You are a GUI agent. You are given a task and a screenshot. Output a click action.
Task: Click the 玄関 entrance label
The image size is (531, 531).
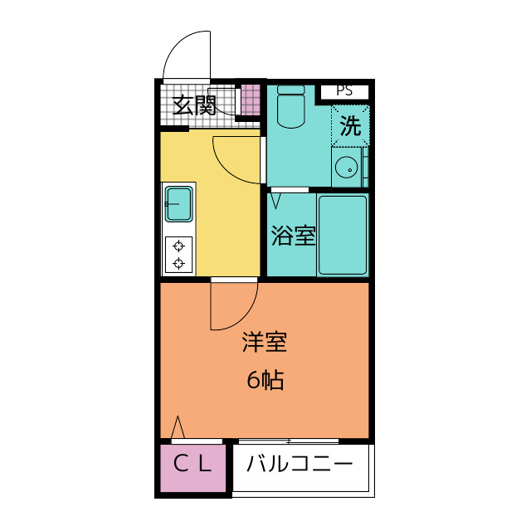[195, 105]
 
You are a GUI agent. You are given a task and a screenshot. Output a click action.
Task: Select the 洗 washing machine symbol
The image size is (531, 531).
[350, 126]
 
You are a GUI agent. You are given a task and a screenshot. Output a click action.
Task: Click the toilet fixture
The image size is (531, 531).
[290, 109]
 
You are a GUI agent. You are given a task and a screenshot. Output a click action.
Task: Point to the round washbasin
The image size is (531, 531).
[347, 170]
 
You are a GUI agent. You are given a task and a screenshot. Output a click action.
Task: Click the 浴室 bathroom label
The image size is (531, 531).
[293, 236]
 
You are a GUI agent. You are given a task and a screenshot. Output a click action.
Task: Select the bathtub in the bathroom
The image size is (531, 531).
[342, 234]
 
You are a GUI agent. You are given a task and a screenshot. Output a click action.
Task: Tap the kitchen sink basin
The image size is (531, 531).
[179, 203]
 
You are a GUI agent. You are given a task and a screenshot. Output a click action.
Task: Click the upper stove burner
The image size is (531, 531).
[178, 246]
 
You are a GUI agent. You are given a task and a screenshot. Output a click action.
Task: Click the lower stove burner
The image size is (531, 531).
[178, 264]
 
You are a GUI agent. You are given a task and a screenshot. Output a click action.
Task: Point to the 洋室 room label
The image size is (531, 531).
[265, 342]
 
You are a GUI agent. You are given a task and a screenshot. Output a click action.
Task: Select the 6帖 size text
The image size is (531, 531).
[265, 380]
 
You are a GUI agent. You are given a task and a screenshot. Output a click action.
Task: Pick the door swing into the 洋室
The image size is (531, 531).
[232, 305]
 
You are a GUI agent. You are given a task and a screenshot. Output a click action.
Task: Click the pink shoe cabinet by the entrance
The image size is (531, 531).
[250, 100]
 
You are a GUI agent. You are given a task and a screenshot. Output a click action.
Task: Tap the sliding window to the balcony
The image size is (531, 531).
[288, 440]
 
